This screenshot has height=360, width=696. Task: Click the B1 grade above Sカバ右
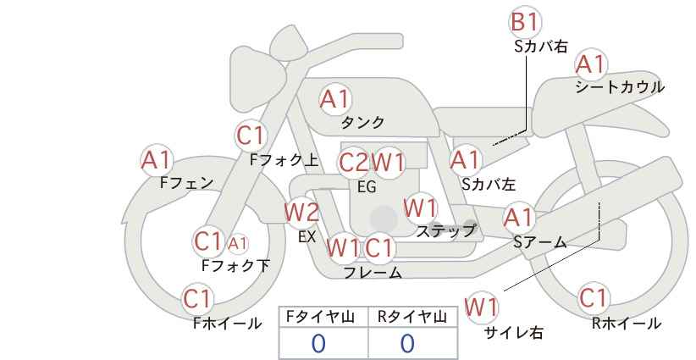pos(525,22)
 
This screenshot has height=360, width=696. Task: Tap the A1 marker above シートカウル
pos(591,65)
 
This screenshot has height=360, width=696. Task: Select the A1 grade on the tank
pos(335,99)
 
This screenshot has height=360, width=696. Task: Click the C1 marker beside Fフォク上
pos(251,136)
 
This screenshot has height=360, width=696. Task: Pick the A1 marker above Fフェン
pos(157,160)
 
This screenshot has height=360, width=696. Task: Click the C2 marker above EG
pos(354,163)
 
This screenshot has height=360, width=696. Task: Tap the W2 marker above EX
pos(301,213)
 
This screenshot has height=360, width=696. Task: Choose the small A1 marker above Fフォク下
pos(238,243)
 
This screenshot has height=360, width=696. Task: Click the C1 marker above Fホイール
pos(197,299)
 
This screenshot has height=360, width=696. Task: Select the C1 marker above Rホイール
pos(593,298)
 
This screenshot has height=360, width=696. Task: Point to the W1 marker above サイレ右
pos(482,307)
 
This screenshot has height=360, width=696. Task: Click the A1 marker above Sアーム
pos(519,218)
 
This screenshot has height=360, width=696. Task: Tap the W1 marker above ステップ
pos(421,208)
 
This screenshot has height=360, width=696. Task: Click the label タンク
pos(362,122)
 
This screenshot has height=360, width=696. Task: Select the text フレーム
pos(373,272)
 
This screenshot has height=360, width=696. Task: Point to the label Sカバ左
pos(489,184)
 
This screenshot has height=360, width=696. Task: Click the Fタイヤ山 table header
pos(320,317)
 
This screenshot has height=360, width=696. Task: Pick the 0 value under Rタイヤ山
pos(407,343)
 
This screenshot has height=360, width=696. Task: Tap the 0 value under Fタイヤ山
pos(318,343)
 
